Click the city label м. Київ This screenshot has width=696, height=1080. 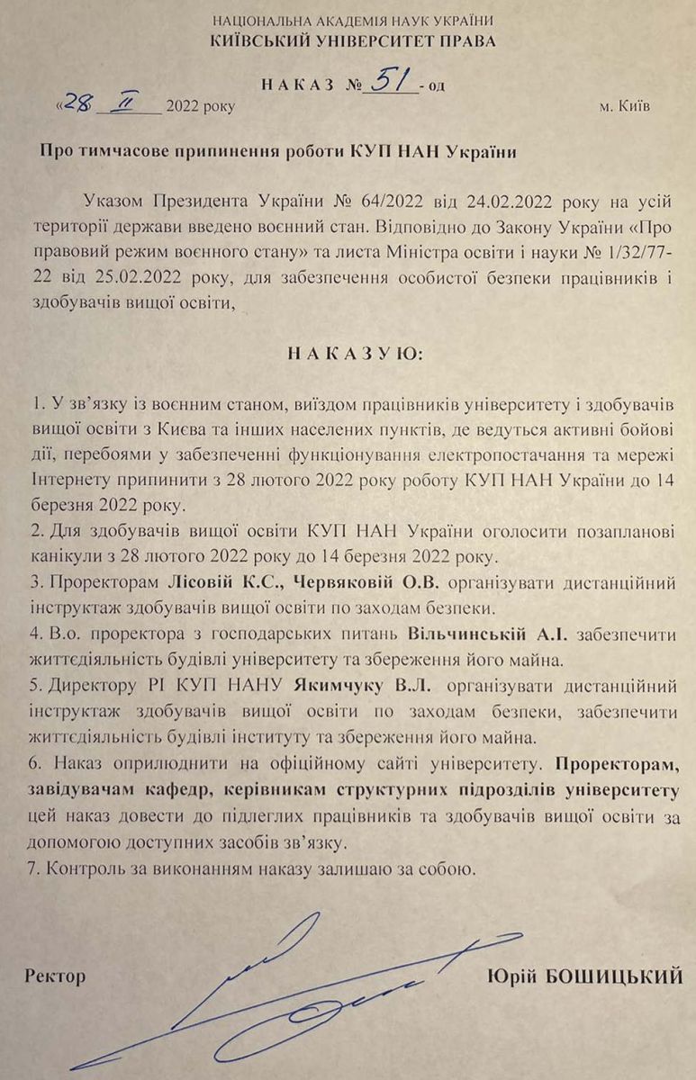click(x=624, y=106)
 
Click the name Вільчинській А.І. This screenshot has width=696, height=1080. click(x=486, y=634)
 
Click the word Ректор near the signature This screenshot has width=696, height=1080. click(x=56, y=976)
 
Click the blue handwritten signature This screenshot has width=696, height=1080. click(x=297, y=990)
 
